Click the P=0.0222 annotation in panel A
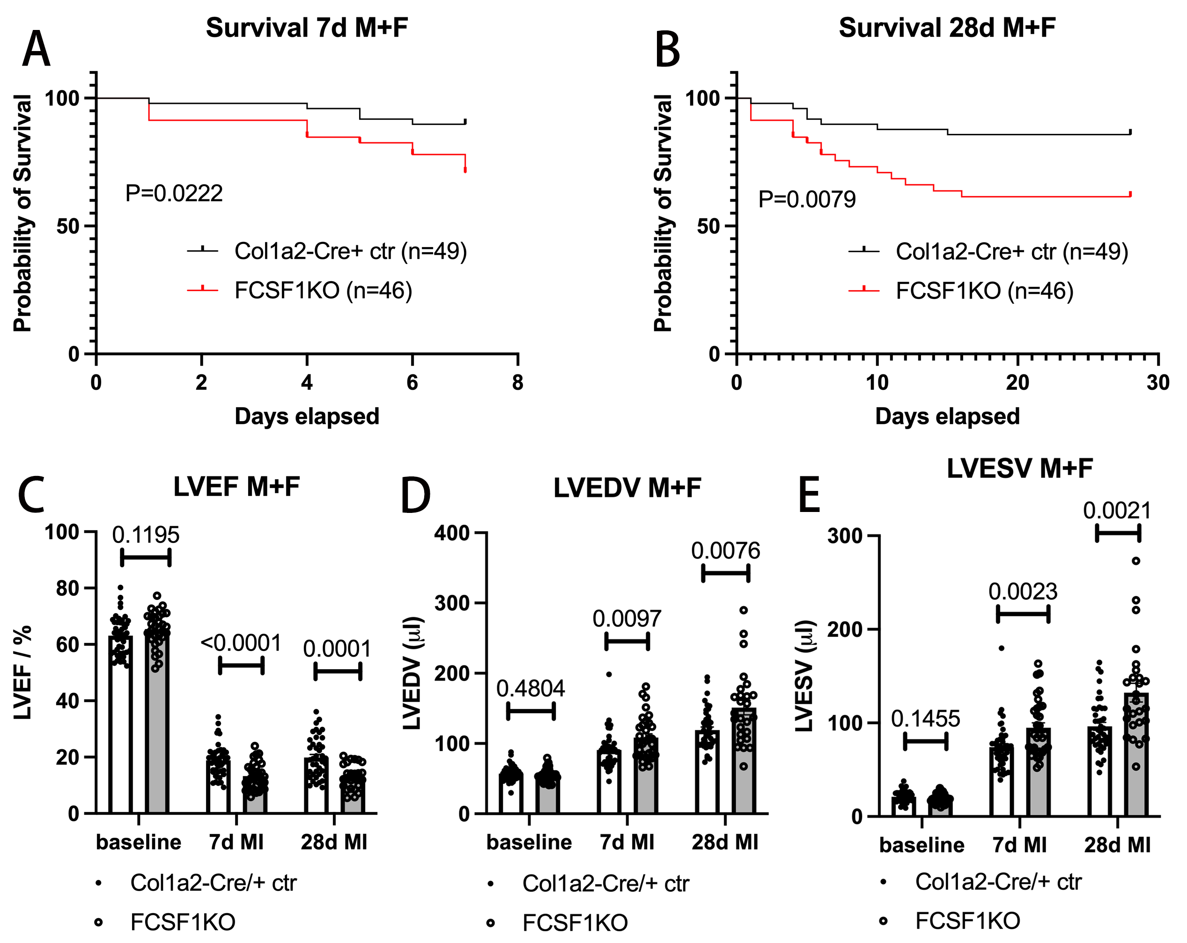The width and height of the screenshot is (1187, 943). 174,194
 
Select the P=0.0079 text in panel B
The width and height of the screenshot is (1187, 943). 807,199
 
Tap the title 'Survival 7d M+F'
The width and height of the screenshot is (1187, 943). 307,28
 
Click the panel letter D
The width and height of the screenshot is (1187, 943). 415,496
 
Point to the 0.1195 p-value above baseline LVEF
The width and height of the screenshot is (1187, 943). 146,535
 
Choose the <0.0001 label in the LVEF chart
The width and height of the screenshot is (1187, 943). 241,643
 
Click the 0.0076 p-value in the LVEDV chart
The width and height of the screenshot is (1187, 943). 725,551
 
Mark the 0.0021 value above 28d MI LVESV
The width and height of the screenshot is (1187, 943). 1117,511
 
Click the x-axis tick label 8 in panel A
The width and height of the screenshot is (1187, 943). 517,382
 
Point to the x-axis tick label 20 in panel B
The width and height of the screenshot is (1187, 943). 1017,382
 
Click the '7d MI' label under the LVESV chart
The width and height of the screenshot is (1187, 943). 1020,845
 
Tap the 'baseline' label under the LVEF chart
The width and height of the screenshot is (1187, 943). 139,842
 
